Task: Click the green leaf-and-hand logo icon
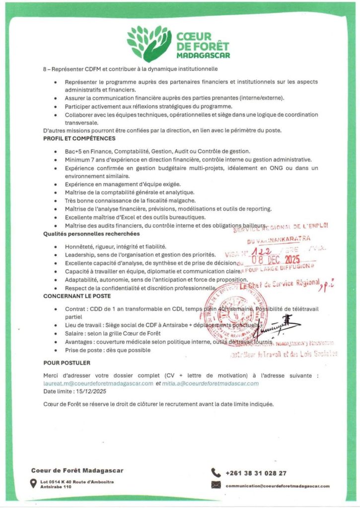(x=148, y=43)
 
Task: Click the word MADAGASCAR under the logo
(x=204, y=55)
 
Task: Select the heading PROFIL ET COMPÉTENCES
(x=79, y=138)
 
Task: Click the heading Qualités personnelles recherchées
(x=91, y=233)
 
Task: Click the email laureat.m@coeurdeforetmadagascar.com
(x=98, y=383)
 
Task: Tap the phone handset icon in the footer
(x=216, y=472)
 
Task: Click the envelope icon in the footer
(x=216, y=485)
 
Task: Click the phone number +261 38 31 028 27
(x=256, y=473)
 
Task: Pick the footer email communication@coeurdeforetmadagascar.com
(x=277, y=486)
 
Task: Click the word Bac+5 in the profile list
(x=74, y=151)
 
